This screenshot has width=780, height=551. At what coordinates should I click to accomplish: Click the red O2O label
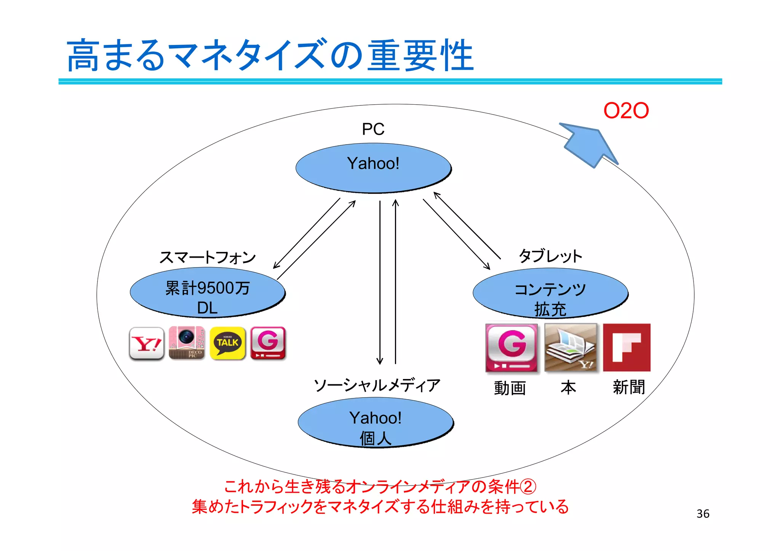626,111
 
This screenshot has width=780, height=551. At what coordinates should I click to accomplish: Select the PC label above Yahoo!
373,129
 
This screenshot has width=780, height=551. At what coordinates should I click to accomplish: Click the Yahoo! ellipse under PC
373,168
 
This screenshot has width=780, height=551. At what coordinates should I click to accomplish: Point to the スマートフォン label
208,257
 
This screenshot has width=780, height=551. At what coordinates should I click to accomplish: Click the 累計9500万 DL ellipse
208,293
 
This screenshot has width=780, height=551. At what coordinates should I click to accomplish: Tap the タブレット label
550,256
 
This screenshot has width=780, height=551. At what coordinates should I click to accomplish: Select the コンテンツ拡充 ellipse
550,293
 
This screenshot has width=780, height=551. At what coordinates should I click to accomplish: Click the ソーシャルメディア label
377,385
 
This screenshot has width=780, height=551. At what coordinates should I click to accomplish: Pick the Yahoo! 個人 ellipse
376,422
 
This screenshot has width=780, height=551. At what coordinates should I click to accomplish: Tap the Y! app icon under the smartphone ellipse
147,343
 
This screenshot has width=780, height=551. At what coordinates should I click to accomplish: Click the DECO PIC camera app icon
187,343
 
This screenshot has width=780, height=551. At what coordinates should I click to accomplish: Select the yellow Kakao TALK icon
227,343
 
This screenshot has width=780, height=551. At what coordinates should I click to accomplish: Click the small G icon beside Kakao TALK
268,343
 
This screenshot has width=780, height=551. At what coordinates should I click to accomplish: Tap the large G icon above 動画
511,348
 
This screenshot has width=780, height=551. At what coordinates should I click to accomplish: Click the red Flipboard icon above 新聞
627,347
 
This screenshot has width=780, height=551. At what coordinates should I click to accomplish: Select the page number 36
703,514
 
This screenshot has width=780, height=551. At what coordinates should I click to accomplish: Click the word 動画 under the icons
510,388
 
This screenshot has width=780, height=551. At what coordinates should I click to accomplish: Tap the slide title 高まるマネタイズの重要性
270,56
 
